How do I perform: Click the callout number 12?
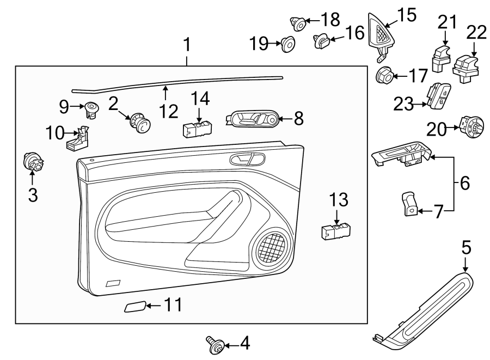(x=169, y=112)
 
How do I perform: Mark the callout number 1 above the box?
(x=187, y=46)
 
